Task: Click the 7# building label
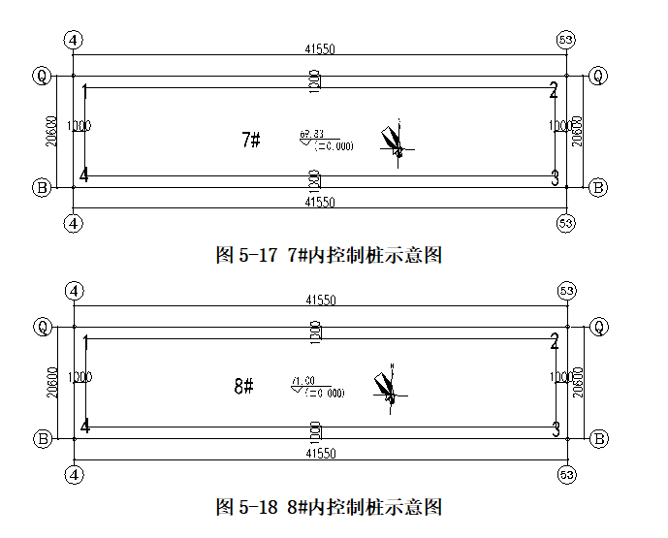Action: [x=250, y=140]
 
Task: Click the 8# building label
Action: [x=243, y=387]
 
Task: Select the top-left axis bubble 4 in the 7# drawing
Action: [x=74, y=40]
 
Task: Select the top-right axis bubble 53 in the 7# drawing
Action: [x=567, y=40]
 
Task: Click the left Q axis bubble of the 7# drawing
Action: [x=42, y=75]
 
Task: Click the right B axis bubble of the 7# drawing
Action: [x=599, y=187]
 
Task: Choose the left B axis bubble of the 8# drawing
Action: [x=42, y=439]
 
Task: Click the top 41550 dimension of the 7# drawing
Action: [x=320, y=49]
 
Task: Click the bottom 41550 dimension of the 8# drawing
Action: [x=320, y=454]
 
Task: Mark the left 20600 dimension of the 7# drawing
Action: [x=51, y=131]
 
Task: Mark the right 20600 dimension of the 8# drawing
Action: [x=578, y=382]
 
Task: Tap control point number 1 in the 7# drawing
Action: [x=86, y=92]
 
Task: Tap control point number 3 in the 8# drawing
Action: [x=556, y=427]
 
